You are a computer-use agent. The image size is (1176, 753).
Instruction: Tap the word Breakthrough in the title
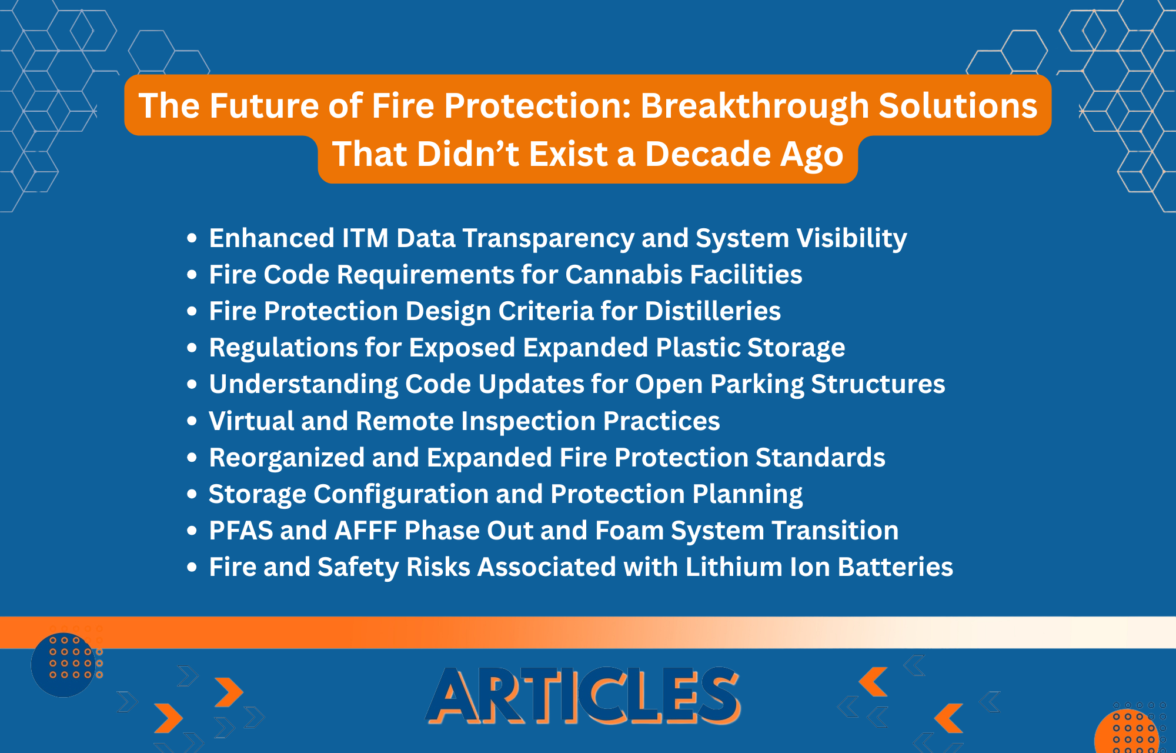point(754,106)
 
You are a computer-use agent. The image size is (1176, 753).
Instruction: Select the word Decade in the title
point(708,154)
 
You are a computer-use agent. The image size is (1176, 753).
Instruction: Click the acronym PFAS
point(240,531)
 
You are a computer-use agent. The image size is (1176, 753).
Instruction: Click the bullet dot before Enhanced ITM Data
point(192,239)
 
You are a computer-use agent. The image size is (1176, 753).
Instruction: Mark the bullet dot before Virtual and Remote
point(192,421)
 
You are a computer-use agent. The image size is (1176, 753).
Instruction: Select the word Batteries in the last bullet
point(896,567)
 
